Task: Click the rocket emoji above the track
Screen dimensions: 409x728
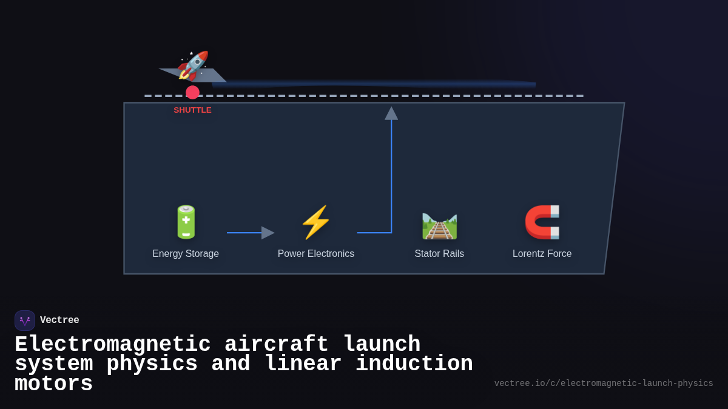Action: [x=193, y=65]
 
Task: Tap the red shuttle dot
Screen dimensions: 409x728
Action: [x=192, y=92]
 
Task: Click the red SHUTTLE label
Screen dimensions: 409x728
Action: [x=192, y=110]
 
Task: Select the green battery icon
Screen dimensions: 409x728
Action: [x=186, y=222]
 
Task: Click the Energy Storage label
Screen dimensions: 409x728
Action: [x=186, y=254]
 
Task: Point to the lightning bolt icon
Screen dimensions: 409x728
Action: [x=315, y=222]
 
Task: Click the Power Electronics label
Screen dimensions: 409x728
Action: [x=315, y=254]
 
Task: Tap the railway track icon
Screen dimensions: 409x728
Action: [x=439, y=225]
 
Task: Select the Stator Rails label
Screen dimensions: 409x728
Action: [x=439, y=254]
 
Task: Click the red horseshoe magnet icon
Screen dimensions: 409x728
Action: [x=542, y=222]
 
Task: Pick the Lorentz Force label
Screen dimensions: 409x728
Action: [x=542, y=254]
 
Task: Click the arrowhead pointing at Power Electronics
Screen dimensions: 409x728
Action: [x=268, y=233]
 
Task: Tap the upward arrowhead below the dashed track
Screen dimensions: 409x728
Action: [x=391, y=113]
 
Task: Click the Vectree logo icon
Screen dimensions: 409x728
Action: [x=25, y=321]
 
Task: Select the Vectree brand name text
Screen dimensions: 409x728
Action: [x=59, y=321]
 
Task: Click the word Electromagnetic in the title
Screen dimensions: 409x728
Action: [x=112, y=345]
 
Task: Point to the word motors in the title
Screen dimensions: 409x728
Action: [x=53, y=384]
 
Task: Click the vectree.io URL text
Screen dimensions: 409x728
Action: [x=604, y=384]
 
